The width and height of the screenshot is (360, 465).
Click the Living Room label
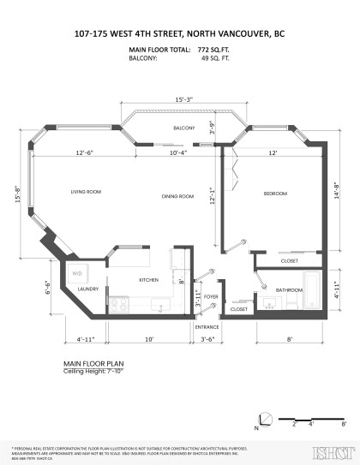(87, 192)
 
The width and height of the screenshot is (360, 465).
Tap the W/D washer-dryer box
(76, 273)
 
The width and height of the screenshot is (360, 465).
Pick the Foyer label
(211, 299)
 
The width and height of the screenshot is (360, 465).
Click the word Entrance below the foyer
(207, 327)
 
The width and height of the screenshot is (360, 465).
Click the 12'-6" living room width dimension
(83, 153)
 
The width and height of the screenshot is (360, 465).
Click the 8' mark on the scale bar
(343, 423)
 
